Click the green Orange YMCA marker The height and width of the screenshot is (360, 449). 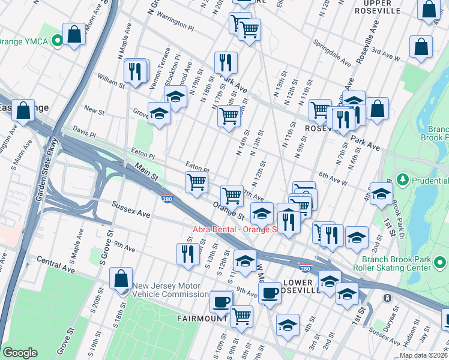[58, 40]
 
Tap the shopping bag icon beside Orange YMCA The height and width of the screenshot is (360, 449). [74, 34]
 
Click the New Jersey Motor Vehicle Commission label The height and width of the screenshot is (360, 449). [170, 290]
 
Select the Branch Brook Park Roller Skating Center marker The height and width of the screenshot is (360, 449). [441, 262]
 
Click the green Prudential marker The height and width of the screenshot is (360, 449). [403, 179]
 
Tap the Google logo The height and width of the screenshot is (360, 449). [20, 352]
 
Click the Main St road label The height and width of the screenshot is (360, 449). [146, 175]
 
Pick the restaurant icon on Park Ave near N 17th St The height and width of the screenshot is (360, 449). [226, 62]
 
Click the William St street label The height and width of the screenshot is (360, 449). [112, 82]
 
